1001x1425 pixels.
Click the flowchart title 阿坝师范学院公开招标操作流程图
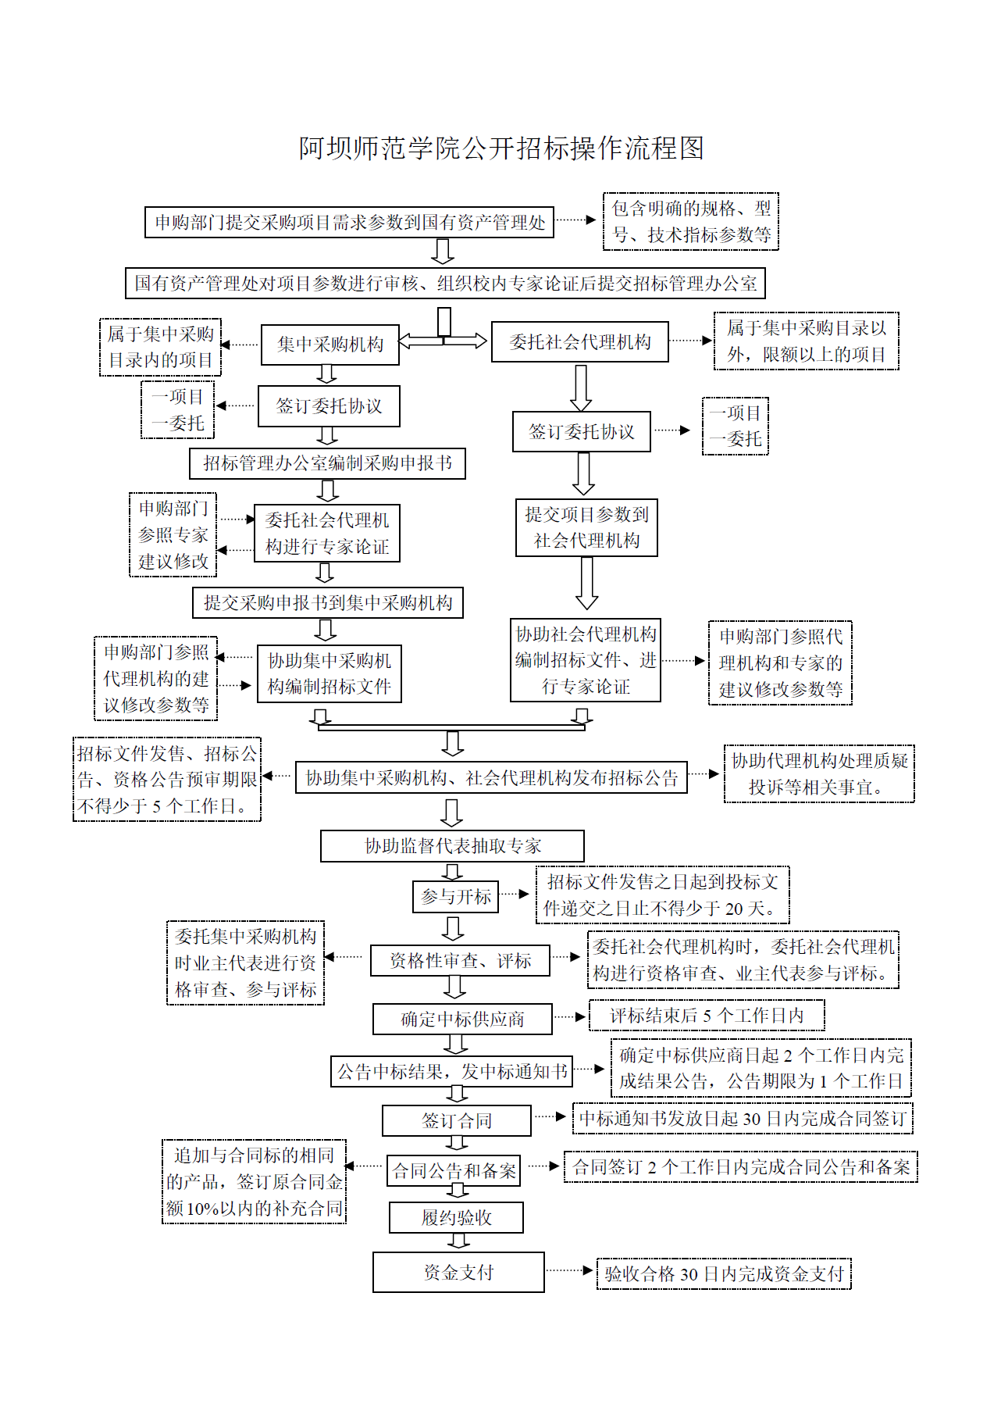pos(500,148)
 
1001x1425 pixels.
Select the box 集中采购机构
pos(330,345)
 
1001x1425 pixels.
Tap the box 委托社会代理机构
pos(579,342)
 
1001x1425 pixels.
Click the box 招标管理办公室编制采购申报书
pos(327,463)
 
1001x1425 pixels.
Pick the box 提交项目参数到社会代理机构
pos(586,527)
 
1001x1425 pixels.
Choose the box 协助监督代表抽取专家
pos(452,846)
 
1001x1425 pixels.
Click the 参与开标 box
pos(455,897)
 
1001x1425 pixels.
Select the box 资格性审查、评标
pos(460,961)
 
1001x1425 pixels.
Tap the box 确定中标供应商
pos(462,1020)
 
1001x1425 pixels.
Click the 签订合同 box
pos(457,1121)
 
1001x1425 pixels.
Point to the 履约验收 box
pos(456,1218)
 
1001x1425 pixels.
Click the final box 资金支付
pos(458,1273)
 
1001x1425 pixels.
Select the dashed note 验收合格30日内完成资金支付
pos(724,1274)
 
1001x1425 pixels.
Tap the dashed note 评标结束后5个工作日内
pos(706,1016)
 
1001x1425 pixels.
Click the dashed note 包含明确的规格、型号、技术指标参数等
pos(691,222)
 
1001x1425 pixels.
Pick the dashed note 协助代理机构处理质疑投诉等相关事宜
pos(819,774)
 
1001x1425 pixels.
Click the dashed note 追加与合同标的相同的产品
pos(254,1182)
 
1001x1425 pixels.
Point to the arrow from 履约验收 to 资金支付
pos(458,1241)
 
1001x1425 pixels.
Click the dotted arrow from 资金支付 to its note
pos(569,1270)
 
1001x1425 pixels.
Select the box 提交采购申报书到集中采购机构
pos(328,603)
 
